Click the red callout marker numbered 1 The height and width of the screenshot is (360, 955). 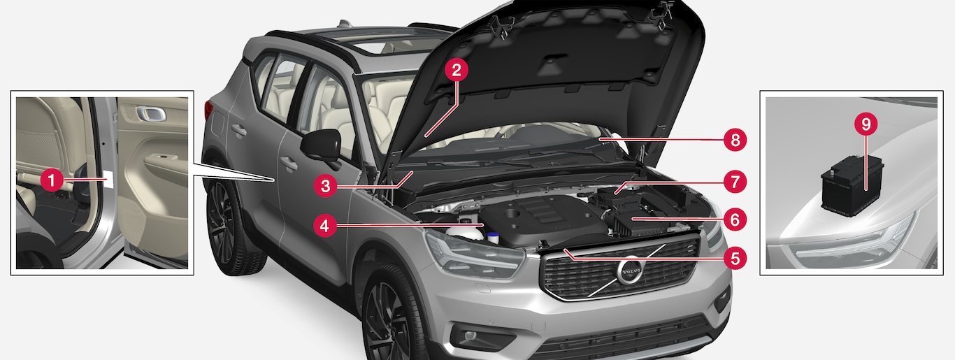click(x=52, y=180)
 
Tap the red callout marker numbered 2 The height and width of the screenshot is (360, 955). click(x=457, y=71)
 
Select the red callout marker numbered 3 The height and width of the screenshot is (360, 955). click(x=325, y=186)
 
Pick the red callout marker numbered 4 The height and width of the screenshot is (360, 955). click(x=325, y=226)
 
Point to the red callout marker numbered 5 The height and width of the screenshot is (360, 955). click(x=735, y=258)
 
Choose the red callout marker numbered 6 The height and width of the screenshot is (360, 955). click(x=735, y=219)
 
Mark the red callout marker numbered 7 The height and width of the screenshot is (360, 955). click(x=735, y=182)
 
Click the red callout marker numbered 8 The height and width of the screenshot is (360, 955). click(x=735, y=140)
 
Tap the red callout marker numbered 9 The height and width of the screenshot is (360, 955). click(x=866, y=124)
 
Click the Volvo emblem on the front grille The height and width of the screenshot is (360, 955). click(x=630, y=271)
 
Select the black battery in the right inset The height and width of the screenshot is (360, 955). click(x=852, y=185)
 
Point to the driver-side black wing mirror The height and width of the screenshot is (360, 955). click(x=322, y=145)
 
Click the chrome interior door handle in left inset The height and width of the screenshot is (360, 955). click(x=151, y=114)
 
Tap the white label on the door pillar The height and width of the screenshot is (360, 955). click(x=109, y=180)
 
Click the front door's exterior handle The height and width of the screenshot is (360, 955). click(x=289, y=163)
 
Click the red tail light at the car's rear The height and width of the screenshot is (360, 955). click(x=208, y=110)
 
